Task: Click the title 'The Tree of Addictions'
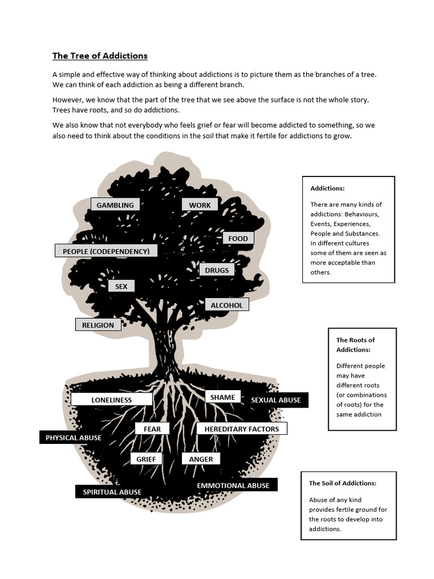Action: [x=100, y=56]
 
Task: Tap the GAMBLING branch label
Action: [x=115, y=205]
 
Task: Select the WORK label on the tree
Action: [x=199, y=205]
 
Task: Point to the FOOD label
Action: [x=238, y=239]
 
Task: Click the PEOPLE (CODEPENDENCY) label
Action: [x=106, y=251]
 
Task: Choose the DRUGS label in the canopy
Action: [x=217, y=270]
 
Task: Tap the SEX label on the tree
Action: [x=121, y=287]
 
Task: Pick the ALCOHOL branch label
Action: [x=227, y=305]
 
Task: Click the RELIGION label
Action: [x=98, y=325]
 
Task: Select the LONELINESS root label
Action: [x=111, y=400]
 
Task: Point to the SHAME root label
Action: [x=223, y=397]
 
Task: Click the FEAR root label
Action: [x=152, y=429]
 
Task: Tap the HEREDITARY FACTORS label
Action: [x=242, y=429]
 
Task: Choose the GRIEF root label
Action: [x=146, y=459]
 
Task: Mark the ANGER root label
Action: [x=201, y=459]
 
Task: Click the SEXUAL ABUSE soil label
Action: [x=276, y=400]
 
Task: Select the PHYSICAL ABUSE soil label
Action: [x=73, y=438]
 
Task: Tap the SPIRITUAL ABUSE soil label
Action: [x=112, y=492]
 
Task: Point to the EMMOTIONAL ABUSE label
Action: [x=233, y=486]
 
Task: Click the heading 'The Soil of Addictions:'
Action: [x=342, y=483]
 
